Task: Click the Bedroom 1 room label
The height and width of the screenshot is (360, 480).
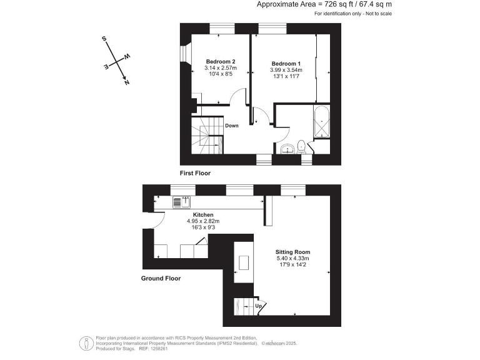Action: coord(286,63)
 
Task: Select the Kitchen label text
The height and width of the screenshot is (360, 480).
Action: coord(203,214)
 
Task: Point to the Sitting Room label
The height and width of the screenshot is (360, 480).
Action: coord(293,252)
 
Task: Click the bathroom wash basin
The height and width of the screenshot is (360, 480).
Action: coord(287,149)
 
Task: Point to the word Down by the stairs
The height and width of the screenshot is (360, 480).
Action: coord(232,126)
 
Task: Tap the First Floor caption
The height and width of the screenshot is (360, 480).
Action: coord(195,173)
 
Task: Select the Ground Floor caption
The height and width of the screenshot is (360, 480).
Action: coord(161,279)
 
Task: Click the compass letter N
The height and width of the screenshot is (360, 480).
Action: coord(127,82)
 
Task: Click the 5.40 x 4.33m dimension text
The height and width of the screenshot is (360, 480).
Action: coord(293,258)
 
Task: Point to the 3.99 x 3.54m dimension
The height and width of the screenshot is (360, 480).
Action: coord(286,70)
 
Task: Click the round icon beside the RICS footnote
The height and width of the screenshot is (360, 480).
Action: coord(84,342)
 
